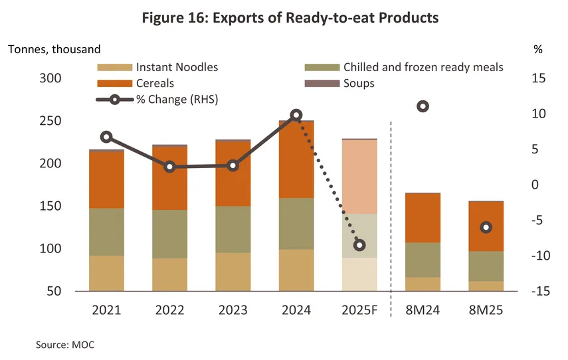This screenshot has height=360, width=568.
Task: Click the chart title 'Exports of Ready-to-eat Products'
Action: pyautogui.click(x=290, y=18)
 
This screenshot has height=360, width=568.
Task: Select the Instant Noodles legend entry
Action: pyautogui.click(x=177, y=67)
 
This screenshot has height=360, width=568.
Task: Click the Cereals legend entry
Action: pyautogui.click(x=155, y=84)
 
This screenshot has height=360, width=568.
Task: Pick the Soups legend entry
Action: pyautogui.click(x=359, y=84)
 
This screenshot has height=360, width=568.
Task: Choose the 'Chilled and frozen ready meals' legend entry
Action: pyautogui.click(x=423, y=67)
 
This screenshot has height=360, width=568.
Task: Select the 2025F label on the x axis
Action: pyautogui.click(x=359, y=310)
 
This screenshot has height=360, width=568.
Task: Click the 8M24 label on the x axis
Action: pyautogui.click(x=423, y=310)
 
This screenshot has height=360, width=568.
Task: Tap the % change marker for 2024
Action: pyautogui.click(x=296, y=115)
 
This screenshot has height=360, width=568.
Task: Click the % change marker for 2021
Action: pyautogui.click(x=106, y=137)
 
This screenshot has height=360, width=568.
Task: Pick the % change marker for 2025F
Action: pyautogui.click(x=359, y=245)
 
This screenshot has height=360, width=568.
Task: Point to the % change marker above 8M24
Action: pyautogui.click(x=423, y=106)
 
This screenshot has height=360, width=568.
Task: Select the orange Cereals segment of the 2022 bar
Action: pyautogui.click(x=169, y=178)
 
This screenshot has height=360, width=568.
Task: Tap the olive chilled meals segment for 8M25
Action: pyautogui.click(x=486, y=266)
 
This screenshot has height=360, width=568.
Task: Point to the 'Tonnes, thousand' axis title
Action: pyautogui.click(x=54, y=49)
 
